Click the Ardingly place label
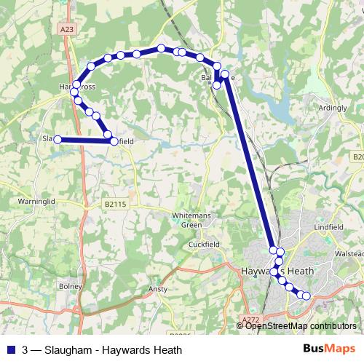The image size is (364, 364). point(333,108)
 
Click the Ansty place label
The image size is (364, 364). point(157,288)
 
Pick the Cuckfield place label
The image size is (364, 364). point(205,244)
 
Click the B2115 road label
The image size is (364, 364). point(115,205)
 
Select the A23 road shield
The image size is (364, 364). point(68,29)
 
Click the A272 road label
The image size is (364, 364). point(251,320)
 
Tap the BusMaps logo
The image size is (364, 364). point(329,349)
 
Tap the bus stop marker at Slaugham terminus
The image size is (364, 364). point(58,139)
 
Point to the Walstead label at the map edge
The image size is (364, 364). point(347,254)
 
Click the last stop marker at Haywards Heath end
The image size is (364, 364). point(306,295)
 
